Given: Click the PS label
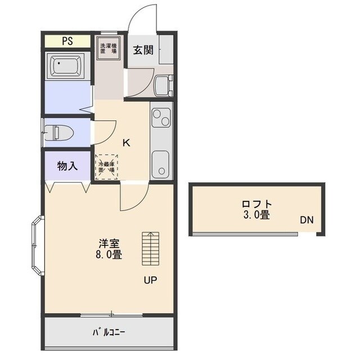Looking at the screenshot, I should tap(67, 41).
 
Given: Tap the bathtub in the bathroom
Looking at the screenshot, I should tap(67, 67).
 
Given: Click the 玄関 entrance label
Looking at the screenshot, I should tap(143, 49).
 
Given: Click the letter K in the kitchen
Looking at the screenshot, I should tap(127, 142).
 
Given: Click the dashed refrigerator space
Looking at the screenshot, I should tap(107, 166).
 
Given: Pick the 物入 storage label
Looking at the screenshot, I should tap(67, 166).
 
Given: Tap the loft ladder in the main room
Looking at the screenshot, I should tap(150, 249).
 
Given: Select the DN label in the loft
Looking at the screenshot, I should tap(307, 220).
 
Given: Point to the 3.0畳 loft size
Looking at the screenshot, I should tap(256, 215).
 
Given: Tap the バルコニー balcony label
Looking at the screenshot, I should tap(109, 331).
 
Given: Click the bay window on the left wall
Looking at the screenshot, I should tap(37, 246).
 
